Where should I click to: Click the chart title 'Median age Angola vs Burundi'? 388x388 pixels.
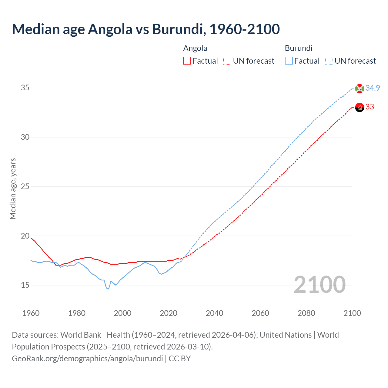coord(145,29)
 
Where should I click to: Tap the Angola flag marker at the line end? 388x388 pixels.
coord(360,107)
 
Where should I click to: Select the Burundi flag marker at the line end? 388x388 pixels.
coord(360,89)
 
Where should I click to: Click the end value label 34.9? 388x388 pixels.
coord(373,88)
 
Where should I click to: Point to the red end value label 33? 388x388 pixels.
coord(370,107)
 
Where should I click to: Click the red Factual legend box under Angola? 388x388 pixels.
coord(187,61)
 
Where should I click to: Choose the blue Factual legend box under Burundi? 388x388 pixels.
coord(289,61)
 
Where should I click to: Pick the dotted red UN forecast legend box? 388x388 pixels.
coord(227,61)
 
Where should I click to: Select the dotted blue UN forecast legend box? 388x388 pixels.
coord(329,61)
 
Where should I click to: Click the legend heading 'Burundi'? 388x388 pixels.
coord(299,48)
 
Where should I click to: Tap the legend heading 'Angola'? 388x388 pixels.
coord(195,48)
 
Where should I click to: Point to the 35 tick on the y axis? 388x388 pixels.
coord(25,88)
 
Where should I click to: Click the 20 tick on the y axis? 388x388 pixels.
coord(25,236)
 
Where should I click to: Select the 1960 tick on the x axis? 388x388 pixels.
coord(31,313)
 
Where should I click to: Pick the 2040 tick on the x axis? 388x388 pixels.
coord(214,313)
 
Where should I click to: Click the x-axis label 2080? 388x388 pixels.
coord(306,313)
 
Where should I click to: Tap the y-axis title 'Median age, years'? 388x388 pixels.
coord(13,189)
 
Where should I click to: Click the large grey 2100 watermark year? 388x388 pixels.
coord(319,284)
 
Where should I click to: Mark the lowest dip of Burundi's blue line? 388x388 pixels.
coord(108,289)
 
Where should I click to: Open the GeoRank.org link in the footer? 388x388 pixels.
coord(87,359)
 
